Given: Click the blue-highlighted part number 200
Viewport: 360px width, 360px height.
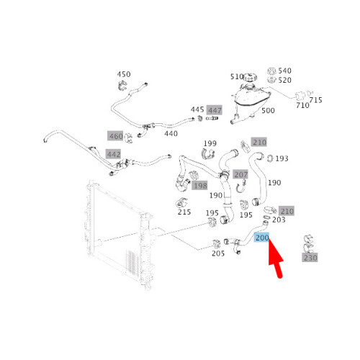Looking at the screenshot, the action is click(x=262, y=238).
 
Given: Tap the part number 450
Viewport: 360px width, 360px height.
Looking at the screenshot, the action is click(x=124, y=74).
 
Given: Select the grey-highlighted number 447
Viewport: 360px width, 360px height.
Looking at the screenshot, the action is click(x=215, y=110).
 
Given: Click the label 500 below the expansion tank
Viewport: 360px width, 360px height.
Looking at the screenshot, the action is click(x=268, y=110).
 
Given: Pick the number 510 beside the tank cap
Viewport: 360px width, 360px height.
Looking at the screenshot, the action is click(x=237, y=76).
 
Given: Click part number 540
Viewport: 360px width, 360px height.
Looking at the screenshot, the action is click(x=285, y=71).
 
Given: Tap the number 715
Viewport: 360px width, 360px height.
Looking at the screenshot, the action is click(x=315, y=100).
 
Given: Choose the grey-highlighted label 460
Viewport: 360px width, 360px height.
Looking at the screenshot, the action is click(x=116, y=136).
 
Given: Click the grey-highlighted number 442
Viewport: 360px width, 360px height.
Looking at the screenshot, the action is click(x=114, y=154).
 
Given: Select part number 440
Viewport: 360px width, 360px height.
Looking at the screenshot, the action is click(x=171, y=133).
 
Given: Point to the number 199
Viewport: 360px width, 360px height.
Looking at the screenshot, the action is click(x=210, y=143).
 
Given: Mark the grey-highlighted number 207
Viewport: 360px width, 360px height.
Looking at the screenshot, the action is click(x=240, y=174).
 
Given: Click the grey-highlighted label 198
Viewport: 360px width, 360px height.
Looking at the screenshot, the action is click(x=200, y=186).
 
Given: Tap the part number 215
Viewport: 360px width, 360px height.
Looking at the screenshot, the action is click(x=184, y=212).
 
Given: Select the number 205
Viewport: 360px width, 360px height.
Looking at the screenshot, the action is click(x=218, y=253).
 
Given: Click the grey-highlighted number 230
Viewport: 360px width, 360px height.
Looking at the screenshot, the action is click(x=310, y=258).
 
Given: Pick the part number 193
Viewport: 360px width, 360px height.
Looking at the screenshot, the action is click(x=282, y=158).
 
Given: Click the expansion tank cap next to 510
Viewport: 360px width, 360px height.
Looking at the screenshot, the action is click(x=250, y=78).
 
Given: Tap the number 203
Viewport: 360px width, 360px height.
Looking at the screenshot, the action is click(x=279, y=220).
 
